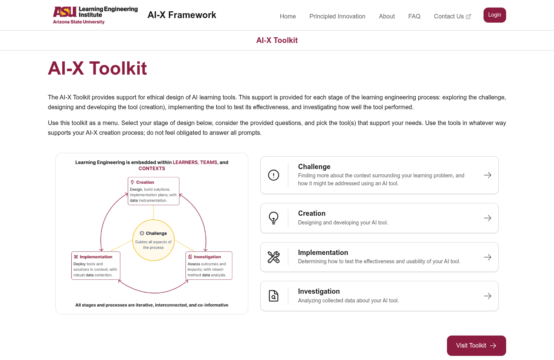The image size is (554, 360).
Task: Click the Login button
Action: (494, 15)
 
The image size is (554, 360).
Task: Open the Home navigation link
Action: (288, 16)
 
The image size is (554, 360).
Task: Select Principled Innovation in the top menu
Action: (337, 16)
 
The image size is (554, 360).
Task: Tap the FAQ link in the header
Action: (414, 16)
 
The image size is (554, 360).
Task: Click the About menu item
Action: (387, 16)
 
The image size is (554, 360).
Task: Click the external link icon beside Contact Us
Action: (468, 17)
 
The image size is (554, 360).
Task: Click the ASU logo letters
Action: (65, 12)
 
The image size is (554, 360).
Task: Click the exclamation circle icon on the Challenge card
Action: (274, 175)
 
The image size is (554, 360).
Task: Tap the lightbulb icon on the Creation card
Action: (274, 218)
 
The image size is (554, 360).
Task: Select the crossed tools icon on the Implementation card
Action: (274, 257)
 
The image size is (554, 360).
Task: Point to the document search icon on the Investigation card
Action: (274, 296)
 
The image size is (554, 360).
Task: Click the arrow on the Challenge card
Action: (487, 175)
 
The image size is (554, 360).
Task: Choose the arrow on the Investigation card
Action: (487, 296)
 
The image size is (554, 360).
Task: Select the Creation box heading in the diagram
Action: (145, 182)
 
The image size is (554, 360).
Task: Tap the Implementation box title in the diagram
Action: (96, 257)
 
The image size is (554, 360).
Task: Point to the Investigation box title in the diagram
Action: (207, 257)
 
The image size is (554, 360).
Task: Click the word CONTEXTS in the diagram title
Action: (152, 168)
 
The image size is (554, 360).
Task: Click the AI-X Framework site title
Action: (182, 15)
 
